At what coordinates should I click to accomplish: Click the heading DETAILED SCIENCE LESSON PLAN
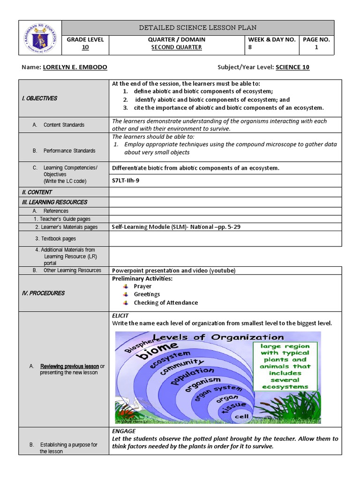[197, 28]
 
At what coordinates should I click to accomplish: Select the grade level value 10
[85, 47]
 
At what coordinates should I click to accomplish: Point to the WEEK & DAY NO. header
[272, 39]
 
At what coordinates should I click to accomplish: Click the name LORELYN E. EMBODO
[75, 67]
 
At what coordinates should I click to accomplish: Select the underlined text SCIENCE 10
[292, 67]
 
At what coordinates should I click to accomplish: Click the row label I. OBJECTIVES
[39, 98]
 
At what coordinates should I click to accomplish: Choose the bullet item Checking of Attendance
[165, 303]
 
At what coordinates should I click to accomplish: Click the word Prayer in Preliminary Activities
[142, 286]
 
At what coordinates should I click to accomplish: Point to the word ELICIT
[120, 316]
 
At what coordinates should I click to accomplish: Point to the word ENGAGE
[124, 431]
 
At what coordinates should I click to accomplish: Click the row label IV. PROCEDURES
[43, 293]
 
